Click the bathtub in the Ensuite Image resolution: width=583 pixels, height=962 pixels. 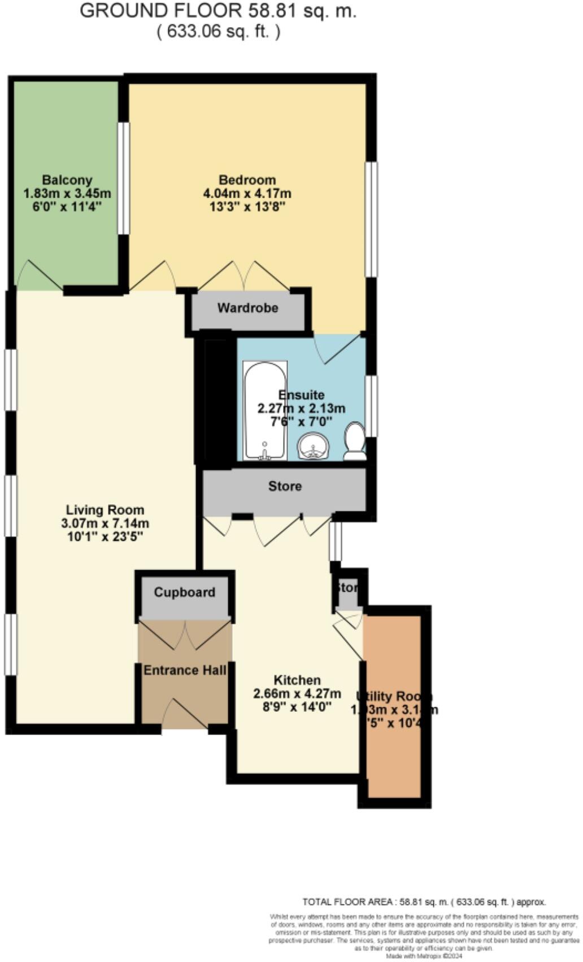(x=264, y=410)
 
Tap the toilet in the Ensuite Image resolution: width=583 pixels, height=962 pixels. (x=355, y=441)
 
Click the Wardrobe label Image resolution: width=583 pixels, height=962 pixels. (x=247, y=308)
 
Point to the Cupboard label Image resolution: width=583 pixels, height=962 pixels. (x=184, y=592)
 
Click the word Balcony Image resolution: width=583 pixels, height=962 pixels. (x=67, y=180)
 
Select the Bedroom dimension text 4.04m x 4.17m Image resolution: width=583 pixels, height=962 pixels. (x=247, y=194)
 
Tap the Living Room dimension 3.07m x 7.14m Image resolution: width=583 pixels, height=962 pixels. (x=105, y=523)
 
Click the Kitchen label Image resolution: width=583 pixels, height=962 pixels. (x=297, y=680)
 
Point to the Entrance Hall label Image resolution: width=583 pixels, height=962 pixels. (x=185, y=670)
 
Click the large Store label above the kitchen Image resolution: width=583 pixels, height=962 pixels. (x=285, y=486)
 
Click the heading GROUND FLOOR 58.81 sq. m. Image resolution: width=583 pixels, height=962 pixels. (x=218, y=11)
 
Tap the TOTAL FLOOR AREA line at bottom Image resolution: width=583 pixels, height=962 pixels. (x=424, y=902)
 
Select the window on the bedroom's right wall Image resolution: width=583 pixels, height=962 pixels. (x=371, y=220)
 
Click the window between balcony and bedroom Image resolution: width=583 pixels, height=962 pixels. (x=123, y=178)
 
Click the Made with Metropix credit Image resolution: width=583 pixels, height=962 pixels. (x=424, y=956)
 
